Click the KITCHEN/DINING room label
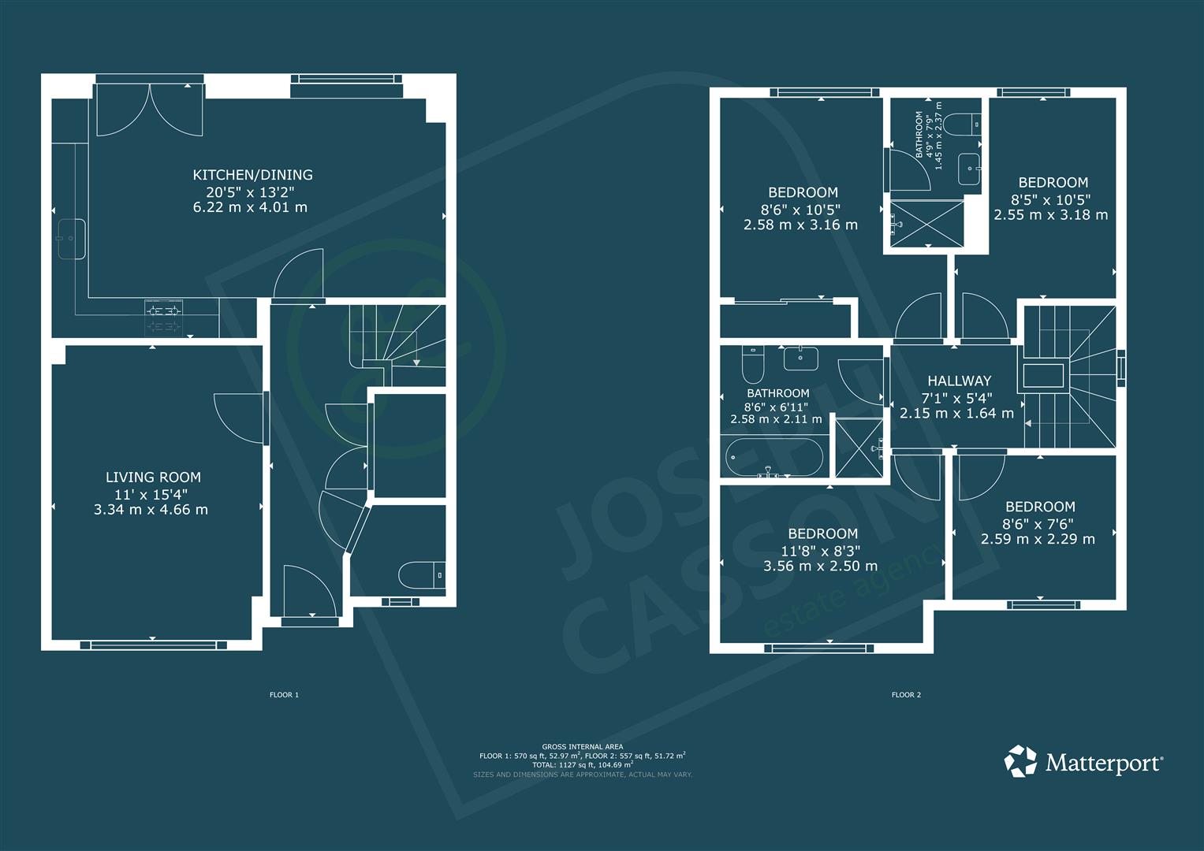pyautogui.click(x=252, y=175)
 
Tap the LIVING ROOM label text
pyautogui.click(x=153, y=477)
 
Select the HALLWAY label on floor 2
pyautogui.click(x=960, y=381)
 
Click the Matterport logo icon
pyautogui.click(x=1020, y=760)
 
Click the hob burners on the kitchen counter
pyautogui.click(x=163, y=318)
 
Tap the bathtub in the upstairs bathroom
pyautogui.click(x=773, y=457)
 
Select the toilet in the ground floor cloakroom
pyautogui.click(x=422, y=575)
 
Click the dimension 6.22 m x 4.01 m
pyautogui.click(x=251, y=207)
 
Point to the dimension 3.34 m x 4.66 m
pyautogui.click(x=151, y=510)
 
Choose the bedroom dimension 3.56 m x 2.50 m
pyautogui.click(x=821, y=567)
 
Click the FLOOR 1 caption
pyautogui.click(x=284, y=695)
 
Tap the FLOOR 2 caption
pyautogui.click(x=906, y=695)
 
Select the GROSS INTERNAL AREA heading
pyautogui.click(x=583, y=746)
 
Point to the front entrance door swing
pyautogui.click(x=310, y=590)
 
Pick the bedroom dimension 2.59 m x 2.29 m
pyautogui.click(x=1038, y=540)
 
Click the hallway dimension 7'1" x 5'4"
pyautogui.click(x=956, y=399)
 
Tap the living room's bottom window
pyautogui.click(x=153, y=645)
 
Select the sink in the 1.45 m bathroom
pyautogui.click(x=969, y=169)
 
